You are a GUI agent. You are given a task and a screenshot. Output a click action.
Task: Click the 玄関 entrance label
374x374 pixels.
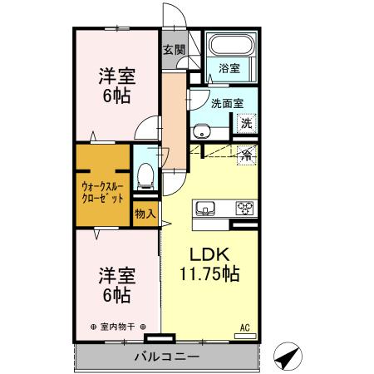(x=173, y=47)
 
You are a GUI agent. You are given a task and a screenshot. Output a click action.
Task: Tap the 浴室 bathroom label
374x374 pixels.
(x=229, y=67)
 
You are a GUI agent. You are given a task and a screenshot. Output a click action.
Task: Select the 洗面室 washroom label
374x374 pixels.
(x=226, y=104)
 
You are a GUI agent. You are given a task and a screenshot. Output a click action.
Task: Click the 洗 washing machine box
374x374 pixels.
(x=246, y=123)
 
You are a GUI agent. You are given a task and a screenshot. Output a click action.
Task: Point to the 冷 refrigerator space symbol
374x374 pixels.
(x=246, y=154)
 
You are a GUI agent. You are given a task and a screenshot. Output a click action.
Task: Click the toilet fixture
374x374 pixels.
(x=146, y=174)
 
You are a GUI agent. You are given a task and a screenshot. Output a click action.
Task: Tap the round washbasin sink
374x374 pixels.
(x=201, y=130)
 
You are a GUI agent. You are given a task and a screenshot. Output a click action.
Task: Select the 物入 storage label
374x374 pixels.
(x=145, y=214)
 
